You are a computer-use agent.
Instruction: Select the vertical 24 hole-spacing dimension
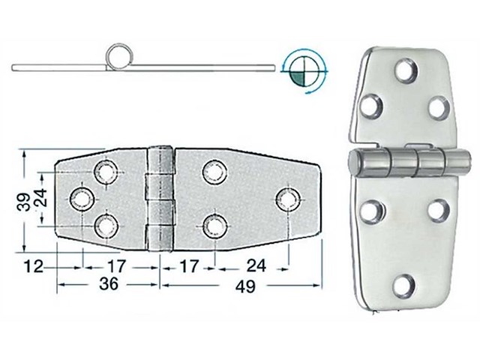click(43, 198)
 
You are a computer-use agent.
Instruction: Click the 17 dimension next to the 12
click(115, 265)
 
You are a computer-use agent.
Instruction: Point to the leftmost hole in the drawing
click(81, 199)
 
